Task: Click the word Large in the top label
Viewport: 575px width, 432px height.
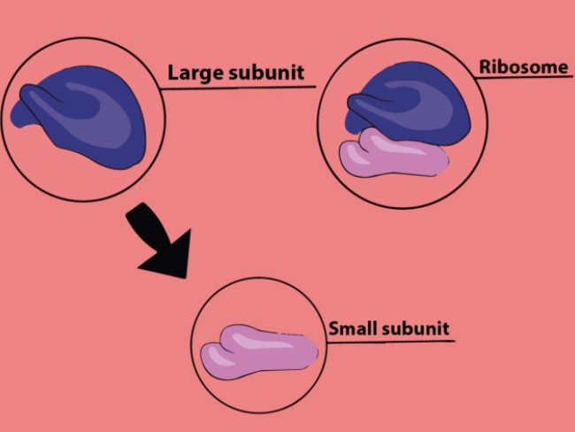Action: [x=192, y=73]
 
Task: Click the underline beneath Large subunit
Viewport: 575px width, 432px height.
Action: [x=239, y=87]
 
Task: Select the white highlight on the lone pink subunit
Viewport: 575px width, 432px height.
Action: [x=252, y=337]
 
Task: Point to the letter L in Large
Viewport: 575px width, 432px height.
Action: [x=173, y=72]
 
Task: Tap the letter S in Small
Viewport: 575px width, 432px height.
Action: [x=333, y=328]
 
